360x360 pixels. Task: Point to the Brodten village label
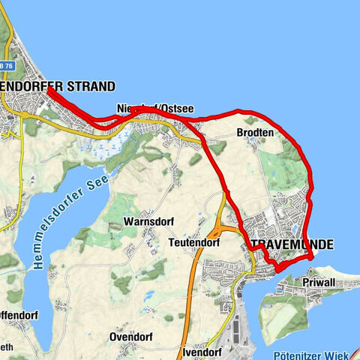[x=255, y=132]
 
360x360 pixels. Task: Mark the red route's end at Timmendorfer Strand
[x=49, y=91]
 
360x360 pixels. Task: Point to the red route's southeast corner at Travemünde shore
[x=310, y=257]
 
